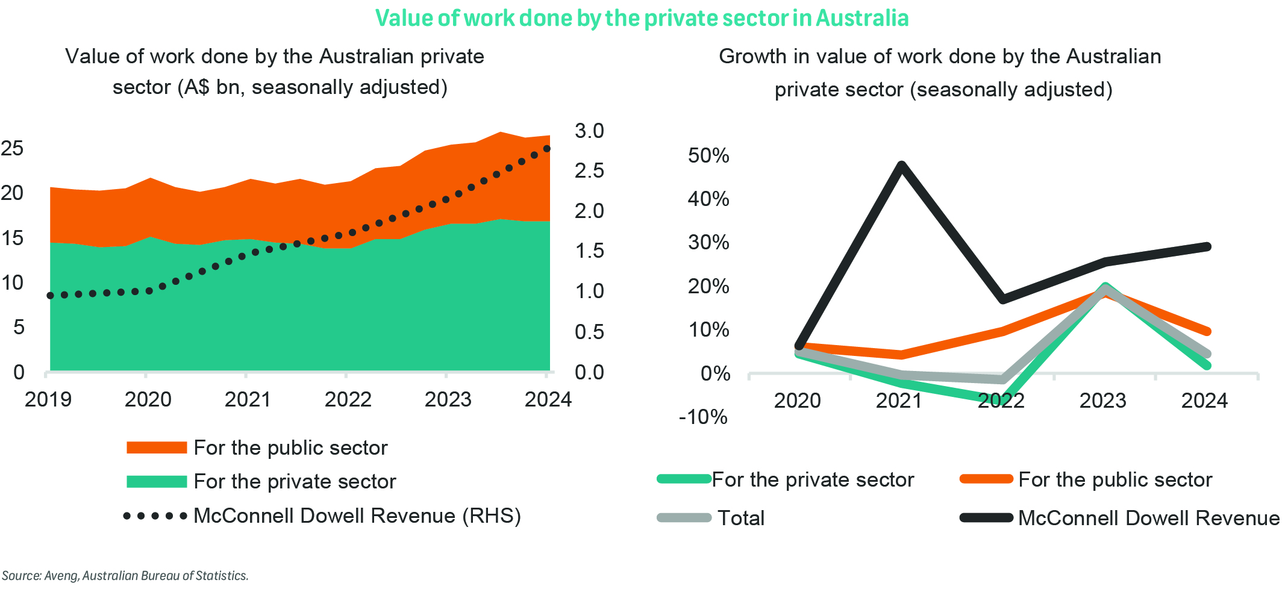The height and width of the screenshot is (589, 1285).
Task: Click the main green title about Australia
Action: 642,18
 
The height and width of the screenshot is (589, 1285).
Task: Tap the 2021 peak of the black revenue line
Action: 901,165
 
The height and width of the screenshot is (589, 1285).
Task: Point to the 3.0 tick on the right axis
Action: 589,131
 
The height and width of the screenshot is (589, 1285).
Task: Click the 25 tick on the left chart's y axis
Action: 12,148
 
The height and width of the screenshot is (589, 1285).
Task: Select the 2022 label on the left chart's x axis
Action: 348,399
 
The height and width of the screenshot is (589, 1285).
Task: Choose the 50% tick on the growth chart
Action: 708,155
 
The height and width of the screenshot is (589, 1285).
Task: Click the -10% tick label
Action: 703,417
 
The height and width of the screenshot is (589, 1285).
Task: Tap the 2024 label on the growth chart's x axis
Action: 1204,400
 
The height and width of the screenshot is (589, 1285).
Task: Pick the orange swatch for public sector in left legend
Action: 157,447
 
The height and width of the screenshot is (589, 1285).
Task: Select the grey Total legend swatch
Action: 684,518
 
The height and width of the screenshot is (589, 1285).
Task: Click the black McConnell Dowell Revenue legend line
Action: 986,518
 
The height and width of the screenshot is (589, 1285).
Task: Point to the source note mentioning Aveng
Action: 125,576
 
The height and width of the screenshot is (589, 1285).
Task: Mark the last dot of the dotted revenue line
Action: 547,148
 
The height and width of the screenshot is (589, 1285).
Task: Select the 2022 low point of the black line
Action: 1003,299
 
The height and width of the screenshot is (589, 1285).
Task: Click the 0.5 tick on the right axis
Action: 589,332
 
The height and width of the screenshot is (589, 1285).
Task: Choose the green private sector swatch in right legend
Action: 684,479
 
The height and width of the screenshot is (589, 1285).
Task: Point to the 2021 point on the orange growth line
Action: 901,354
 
